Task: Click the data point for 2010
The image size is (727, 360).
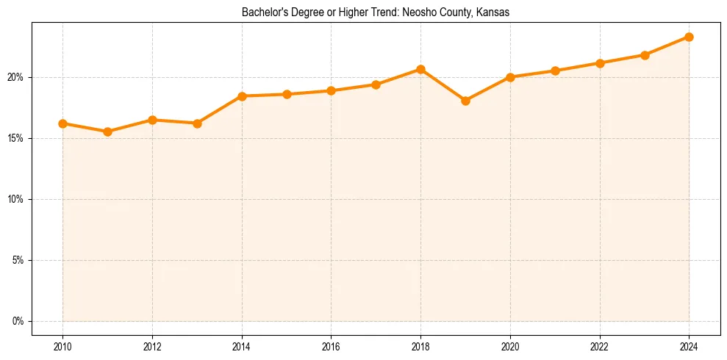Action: (62, 123)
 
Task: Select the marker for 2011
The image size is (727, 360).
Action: (107, 132)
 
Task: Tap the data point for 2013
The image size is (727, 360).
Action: (197, 123)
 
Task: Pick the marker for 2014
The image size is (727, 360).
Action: (242, 96)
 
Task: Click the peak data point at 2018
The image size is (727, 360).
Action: (420, 69)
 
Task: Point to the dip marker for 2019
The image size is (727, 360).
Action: (465, 101)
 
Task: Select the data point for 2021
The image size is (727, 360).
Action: (555, 71)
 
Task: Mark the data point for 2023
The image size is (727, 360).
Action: (645, 55)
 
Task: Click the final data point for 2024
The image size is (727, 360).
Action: (689, 37)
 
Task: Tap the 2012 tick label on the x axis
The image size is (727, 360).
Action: (152, 345)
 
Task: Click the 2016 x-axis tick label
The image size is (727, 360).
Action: (331, 345)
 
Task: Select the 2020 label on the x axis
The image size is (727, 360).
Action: (510, 345)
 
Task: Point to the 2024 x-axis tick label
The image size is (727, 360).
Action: (689, 345)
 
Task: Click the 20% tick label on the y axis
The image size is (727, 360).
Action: (16, 77)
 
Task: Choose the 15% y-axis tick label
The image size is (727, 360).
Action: (16, 138)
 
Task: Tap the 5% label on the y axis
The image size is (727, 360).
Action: (18, 260)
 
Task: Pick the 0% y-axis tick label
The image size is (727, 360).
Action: (18, 321)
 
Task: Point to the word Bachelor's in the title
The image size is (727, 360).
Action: (260, 12)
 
